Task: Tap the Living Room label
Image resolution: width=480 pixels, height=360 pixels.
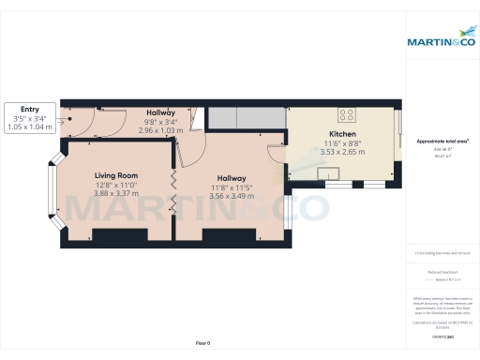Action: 116,175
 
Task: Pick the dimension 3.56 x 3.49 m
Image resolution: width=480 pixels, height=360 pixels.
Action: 232,196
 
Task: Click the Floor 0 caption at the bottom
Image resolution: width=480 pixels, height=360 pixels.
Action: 202,343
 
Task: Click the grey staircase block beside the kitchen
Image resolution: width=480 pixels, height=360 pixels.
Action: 246,118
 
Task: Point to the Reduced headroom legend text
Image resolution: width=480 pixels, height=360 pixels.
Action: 442,271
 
